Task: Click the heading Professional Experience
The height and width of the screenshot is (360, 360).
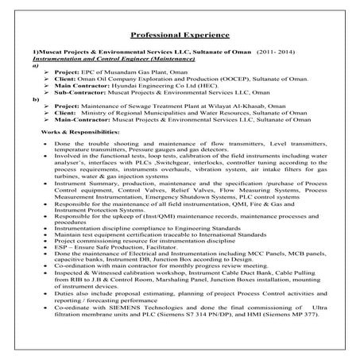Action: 180,36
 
